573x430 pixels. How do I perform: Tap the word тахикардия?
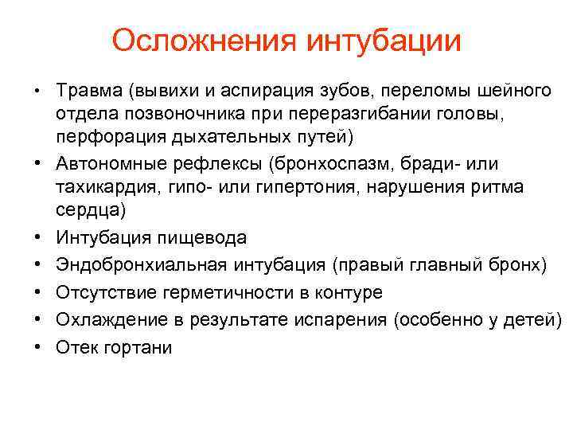(107, 187)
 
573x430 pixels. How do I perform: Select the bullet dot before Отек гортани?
(37, 349)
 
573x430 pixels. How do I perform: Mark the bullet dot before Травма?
(37, 89)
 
